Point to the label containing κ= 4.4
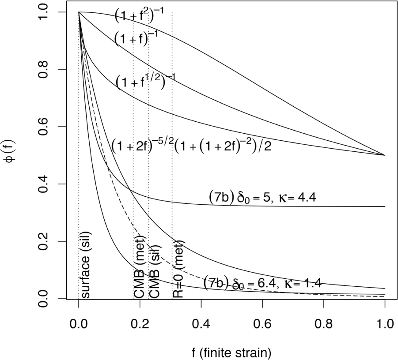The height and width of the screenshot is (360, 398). point(262,198)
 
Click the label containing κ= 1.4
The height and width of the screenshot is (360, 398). point(262,283)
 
